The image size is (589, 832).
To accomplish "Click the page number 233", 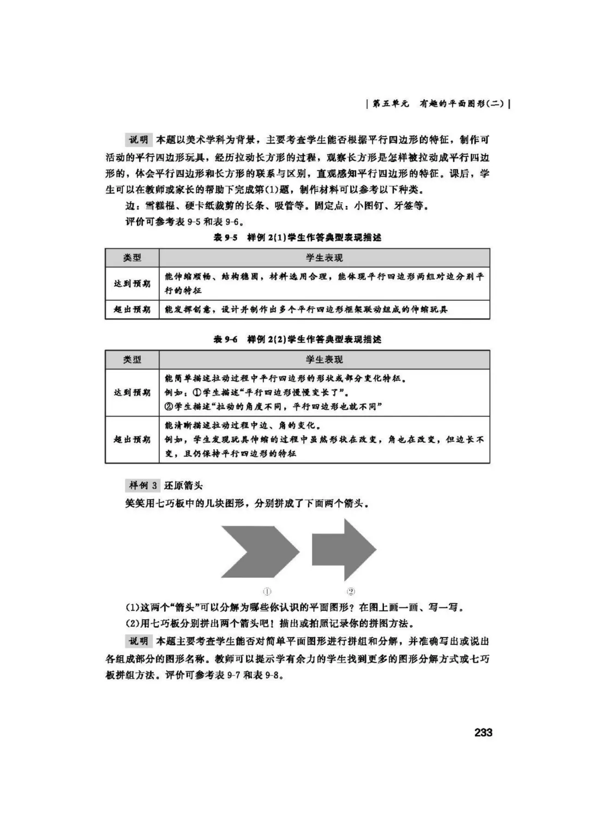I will (x=483, y=732).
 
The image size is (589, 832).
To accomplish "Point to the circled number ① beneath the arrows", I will (x=267, y=591).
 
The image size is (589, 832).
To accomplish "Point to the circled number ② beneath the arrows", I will (x=351, y=591).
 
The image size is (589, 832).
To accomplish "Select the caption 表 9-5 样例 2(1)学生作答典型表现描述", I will (x=297, y=238).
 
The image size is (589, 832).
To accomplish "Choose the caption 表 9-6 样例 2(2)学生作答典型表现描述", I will (x=297, y=339).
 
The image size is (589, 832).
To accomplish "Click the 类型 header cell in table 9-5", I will (x=132, y=258).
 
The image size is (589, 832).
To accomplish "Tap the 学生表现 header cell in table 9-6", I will (x=324, y=360).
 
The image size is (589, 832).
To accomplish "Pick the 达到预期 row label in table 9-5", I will (x=132, y=283).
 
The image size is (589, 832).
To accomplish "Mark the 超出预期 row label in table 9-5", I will (x=132, y=309).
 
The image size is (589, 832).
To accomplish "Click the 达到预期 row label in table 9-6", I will (x=132, y=392).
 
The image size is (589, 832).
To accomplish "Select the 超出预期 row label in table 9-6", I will (x=132, y=439).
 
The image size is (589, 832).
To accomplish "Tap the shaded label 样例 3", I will (x=143, y=485).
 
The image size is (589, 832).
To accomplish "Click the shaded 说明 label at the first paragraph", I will (x=139, y=140).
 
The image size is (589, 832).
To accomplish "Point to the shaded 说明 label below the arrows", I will (x=139, y=641).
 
